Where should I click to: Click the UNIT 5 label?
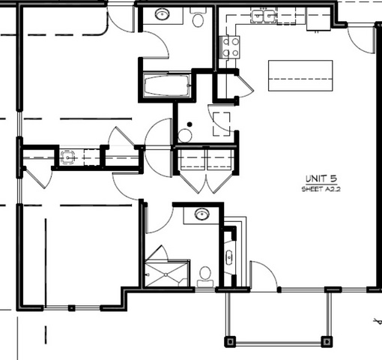click(321, 178)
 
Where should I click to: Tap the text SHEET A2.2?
click(321, 189)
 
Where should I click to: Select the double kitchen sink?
click(264, 16)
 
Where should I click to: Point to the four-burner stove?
click(230, 47)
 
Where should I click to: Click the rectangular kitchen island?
click(300, 76)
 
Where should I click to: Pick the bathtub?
click(166, 85)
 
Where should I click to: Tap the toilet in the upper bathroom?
click(198, 17)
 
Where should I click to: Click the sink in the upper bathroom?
click(163, 14)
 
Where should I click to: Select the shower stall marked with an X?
click(166, 274)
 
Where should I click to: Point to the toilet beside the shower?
click(205, 277)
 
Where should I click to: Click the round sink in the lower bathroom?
click(202, 214)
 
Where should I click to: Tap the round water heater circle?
click(185, 136)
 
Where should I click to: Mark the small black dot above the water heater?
click(190, 124)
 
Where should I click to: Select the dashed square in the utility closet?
click(222, 124)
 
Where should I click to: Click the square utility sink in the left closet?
click(67, 157)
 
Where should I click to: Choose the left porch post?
click(230, 341)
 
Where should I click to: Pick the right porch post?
click(327, 341)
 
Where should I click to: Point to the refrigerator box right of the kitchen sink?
click(318, 19)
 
